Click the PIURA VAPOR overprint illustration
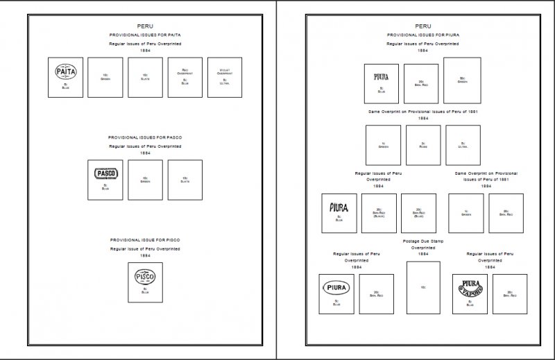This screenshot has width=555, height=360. coord(467,286)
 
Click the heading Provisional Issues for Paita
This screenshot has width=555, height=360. coord(145,35)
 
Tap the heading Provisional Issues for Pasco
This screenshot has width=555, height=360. coord(145,137)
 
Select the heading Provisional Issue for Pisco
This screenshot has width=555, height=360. coord(145,239)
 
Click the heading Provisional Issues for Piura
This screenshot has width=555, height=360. coord(422,34)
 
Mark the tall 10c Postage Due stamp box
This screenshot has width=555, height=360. coord(423,286)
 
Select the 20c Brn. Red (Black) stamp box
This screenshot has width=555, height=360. coord(379,213)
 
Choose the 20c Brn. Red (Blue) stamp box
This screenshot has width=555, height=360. coord(418,213)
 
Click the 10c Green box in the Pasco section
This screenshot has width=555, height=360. coord(145,180)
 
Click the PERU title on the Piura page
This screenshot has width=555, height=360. coord(422,26)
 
